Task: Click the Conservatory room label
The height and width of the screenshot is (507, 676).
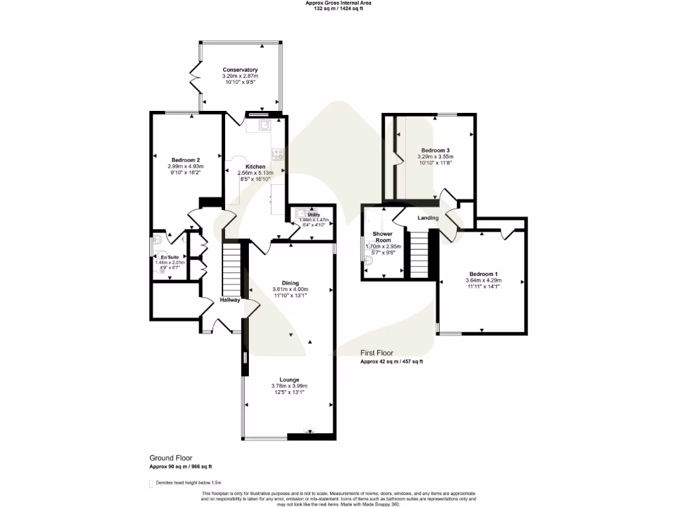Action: click(240, 70)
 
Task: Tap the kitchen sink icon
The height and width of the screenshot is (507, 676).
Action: click(264, 124)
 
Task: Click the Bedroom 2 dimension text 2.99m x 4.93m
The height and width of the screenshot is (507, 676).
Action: click(186, 166)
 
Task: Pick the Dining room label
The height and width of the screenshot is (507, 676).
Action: click(290, 283)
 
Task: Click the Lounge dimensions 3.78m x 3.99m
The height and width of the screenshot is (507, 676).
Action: click(290, 386)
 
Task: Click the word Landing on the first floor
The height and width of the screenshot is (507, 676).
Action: click(428, 218)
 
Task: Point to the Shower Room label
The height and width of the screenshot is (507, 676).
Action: click(383, 237)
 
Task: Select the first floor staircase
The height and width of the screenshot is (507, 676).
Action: click(420, 254)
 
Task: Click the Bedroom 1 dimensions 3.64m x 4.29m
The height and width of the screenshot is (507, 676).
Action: click(483, 281)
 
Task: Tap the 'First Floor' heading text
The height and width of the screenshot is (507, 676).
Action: click(377, 353)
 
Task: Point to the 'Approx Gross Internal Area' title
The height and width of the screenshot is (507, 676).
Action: click(338, 3)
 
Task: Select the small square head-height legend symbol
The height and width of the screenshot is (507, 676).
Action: click(151, 483)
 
